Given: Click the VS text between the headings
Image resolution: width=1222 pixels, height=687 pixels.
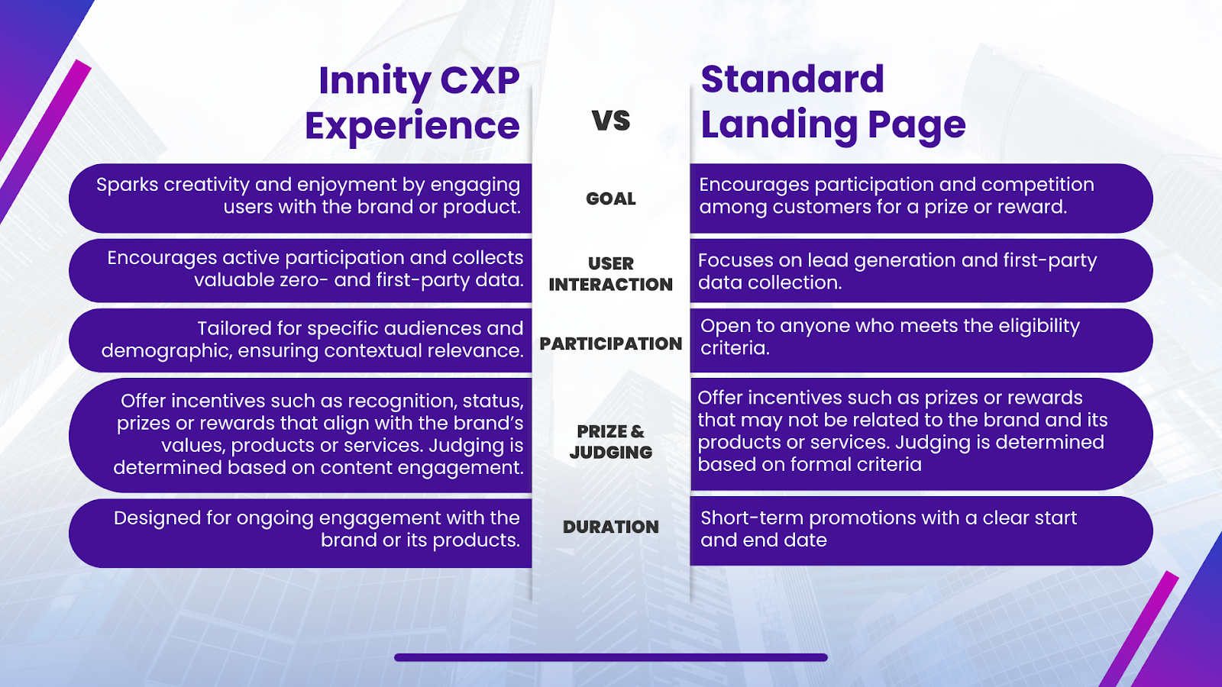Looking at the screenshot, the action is click(x=610, y=121).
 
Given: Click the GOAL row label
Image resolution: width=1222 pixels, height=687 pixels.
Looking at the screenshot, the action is click(x=610, y=198).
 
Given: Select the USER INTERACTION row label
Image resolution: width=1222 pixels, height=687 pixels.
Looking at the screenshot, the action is click(x=610, y=274).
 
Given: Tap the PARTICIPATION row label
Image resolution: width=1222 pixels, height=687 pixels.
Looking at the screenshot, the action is click(x=610, y=343).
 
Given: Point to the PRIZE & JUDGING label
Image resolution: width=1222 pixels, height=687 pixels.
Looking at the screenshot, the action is click(x=610, y=442).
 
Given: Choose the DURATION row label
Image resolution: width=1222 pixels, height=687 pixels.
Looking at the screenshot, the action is click(x=610, y=527).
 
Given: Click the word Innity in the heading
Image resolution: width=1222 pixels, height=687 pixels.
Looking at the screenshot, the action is click(x=375, y=82).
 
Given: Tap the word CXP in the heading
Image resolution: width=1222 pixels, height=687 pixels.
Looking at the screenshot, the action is click(x=480, y=81).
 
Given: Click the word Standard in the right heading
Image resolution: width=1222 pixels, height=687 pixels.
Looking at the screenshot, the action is click(x=792, y=79).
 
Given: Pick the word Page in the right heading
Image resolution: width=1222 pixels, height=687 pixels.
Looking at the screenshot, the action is click(x=916, y=127).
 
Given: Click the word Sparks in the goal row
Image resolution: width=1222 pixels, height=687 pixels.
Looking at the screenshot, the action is click(x=127, y=185).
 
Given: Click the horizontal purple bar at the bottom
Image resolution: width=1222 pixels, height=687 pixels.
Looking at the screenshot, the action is click(x=610, y=657).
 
